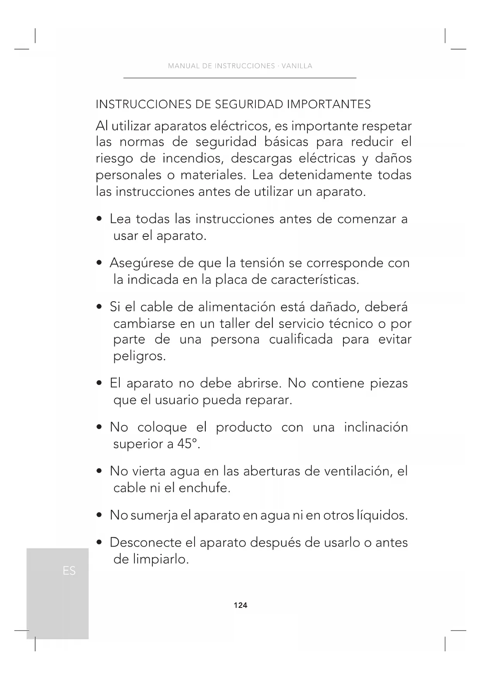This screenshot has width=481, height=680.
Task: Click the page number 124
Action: point(240,605)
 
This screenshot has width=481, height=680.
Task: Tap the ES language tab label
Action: point(69,571)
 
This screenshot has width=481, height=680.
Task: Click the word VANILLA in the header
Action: point(297,66)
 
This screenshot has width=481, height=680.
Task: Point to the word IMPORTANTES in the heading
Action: point(329,104)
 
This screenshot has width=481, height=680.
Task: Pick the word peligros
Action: point(140,356)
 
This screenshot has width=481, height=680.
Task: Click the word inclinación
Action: point(376,427)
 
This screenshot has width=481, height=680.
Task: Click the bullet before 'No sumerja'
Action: point(100,516)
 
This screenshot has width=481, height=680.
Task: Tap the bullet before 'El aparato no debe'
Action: point(100,384)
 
